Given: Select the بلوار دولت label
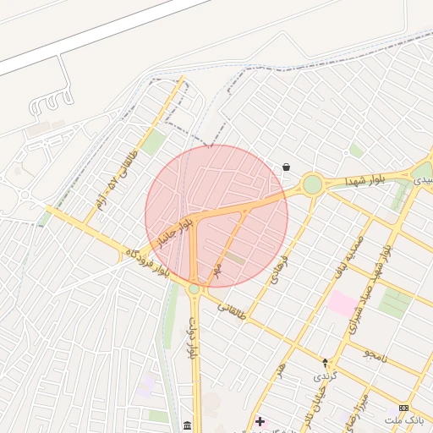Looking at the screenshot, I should (x=194, y=338).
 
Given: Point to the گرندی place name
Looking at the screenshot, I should (x=325, y=375).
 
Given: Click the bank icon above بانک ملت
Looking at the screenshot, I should (x=403, y=408).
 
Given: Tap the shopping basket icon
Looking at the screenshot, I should (x=287, y=167).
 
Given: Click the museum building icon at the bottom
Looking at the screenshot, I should (x=187, y=424).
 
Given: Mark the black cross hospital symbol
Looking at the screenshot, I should (x=260, y=420).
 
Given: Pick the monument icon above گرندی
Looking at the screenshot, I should (x=325, y=362).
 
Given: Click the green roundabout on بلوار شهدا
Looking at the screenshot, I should (x=313, y=184).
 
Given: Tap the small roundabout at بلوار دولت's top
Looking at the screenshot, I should (x=194, y=289).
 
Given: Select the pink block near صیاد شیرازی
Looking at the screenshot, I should (x=343, y=304).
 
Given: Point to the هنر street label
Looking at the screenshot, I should (x=280, y=370).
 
